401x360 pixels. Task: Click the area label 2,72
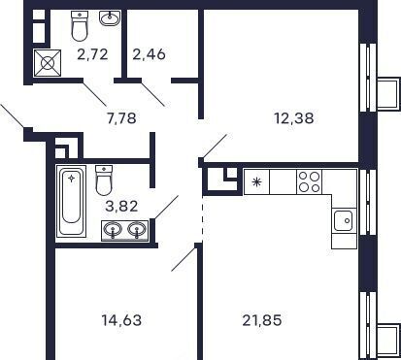[x=92, y=54]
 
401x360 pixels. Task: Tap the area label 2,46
[x=149, y=54]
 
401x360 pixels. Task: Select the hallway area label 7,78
[x=121, y=118]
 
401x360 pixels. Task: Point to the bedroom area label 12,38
[x=294, y=118]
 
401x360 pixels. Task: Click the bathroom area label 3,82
[x=121, y=206]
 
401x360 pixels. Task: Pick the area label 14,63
[x=121, y=320]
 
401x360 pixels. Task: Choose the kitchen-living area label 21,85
[x=262, y=320]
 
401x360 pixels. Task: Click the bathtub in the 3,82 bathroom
[x=71, y=201]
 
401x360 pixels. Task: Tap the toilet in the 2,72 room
[x=80, y=25]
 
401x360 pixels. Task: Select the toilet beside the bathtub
[x=104, y=180]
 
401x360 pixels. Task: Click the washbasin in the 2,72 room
[x=110, y=18]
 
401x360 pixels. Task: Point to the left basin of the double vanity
[x=113, y=230]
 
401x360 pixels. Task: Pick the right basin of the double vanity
[x=137, y=230]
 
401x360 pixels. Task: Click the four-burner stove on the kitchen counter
[x=309, y=181]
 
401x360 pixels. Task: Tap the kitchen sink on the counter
[x=343, y=220]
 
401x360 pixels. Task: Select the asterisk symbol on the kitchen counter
[x=257, y=182]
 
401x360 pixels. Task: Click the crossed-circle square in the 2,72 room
[x=48, y=63]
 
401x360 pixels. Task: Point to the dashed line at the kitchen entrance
[x=203, y=217]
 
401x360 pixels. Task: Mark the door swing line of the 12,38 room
[x=214, y=147]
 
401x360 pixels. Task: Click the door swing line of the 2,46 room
[x=152, y=93]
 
